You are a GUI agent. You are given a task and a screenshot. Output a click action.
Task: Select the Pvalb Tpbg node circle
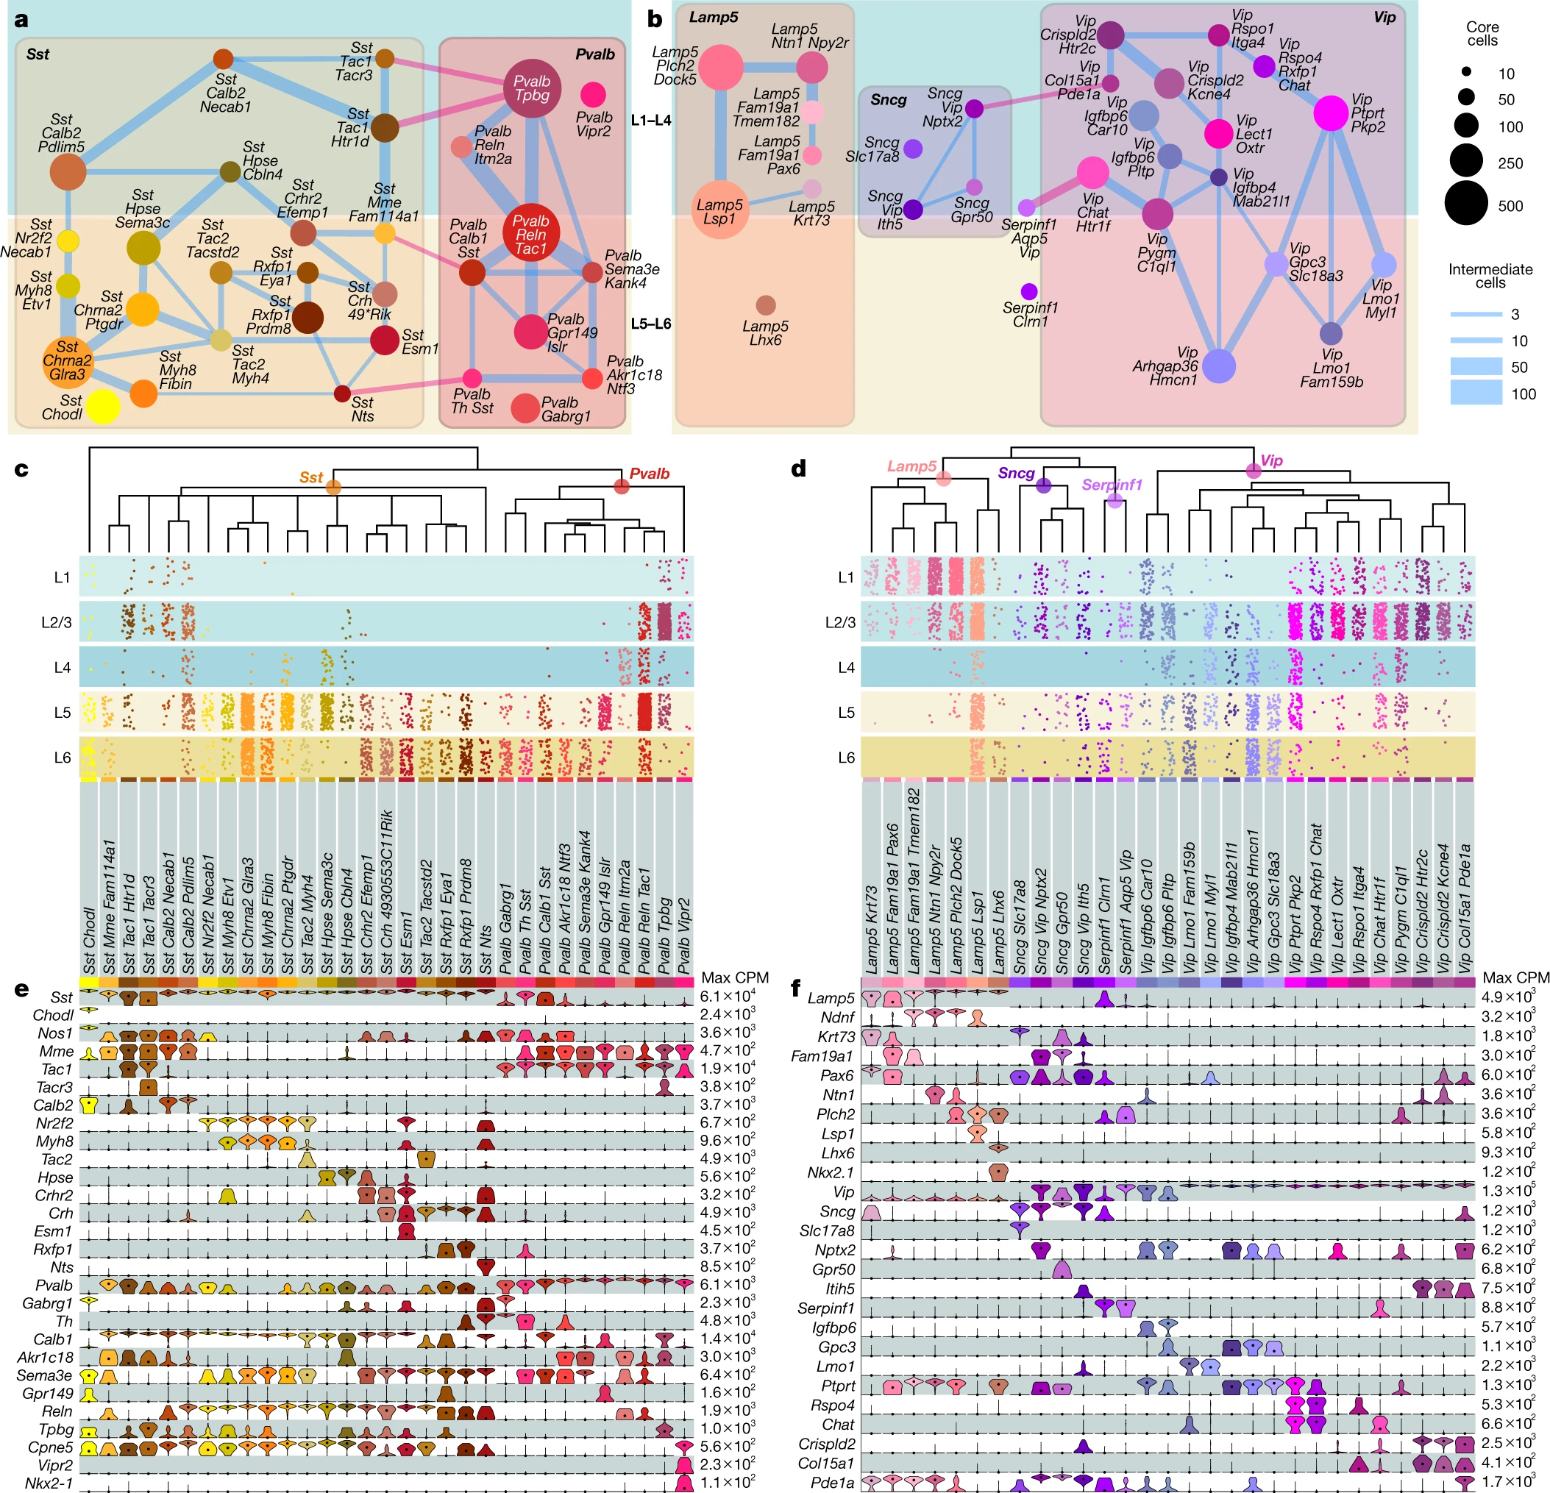click(532, 88)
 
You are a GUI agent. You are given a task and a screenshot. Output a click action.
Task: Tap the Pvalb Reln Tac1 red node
click(530, 233)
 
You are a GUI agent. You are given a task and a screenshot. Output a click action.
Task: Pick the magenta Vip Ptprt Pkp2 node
click(1331, 114)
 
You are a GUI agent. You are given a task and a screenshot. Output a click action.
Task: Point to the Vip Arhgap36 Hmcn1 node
click(1219, 366)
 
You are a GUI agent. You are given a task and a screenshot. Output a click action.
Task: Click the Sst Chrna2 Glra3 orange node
click(67, 360)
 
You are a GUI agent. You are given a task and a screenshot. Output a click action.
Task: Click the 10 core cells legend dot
click(1466, 72)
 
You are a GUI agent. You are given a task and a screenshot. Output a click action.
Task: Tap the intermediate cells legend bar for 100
click(1476, 393)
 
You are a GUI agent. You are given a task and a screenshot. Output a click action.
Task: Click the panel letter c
click(21, 469)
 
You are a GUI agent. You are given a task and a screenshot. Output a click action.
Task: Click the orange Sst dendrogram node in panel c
click(333, 487)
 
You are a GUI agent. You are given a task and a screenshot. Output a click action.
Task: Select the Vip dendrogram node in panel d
click(1254, 471)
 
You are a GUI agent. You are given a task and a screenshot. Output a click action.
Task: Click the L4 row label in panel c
click(63, 667)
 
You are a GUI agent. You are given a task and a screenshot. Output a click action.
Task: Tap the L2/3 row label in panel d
click(840, 622)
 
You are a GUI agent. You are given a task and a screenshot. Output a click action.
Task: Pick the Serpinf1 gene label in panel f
click(825, 1308)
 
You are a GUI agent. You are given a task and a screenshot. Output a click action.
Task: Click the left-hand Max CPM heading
click(735, 977)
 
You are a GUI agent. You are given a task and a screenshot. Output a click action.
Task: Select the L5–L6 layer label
click(651, 324)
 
